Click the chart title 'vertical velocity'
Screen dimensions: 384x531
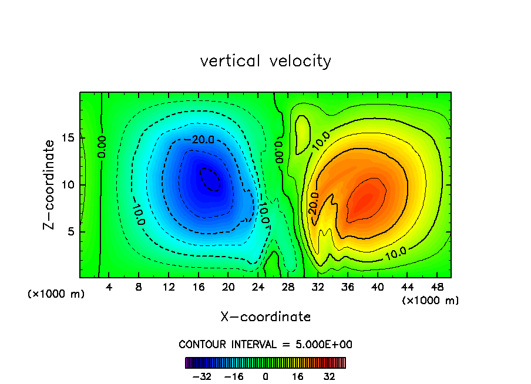pyautogui.click(x=265, y=61)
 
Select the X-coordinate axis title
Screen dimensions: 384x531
pyautogui.click(x=265, y=317)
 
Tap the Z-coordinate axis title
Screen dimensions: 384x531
pyautogui.click(x=52, y=184)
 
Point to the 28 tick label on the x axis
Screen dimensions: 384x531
pyautogui.click(x=288, y=287)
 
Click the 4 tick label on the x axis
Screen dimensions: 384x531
pyautogui.click(x=109, y=287)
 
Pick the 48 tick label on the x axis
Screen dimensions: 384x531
pyautogui.click(x=436, y=287)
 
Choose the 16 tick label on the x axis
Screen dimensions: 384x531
pyautogui.click(x=199, y=287)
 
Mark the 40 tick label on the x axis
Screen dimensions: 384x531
pyautogui.click(x=377, y=287)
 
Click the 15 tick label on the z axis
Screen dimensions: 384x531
pyautogui.click(x=69, y=139)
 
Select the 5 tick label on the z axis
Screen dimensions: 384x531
pyautogui.click(x=72, y=231)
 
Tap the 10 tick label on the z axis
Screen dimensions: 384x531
pyautogui.click(x=69, y=185)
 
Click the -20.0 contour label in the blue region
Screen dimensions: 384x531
pyautogui.click(x=203, y=140)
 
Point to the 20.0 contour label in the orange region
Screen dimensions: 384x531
pyautogui.click(x=314, y=203)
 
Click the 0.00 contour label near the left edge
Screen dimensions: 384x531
pyautogui.click(x=102, y=147)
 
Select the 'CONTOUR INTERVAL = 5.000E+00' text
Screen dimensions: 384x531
pyautogui.click(x=265, y=344)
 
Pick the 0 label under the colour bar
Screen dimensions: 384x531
pyautogui.click(x=265, y=376)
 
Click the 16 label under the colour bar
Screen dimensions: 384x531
pyautogui.click(x=298, y=376)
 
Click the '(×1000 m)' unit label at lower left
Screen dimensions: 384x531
pyautogui.click(x=56, y=294)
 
